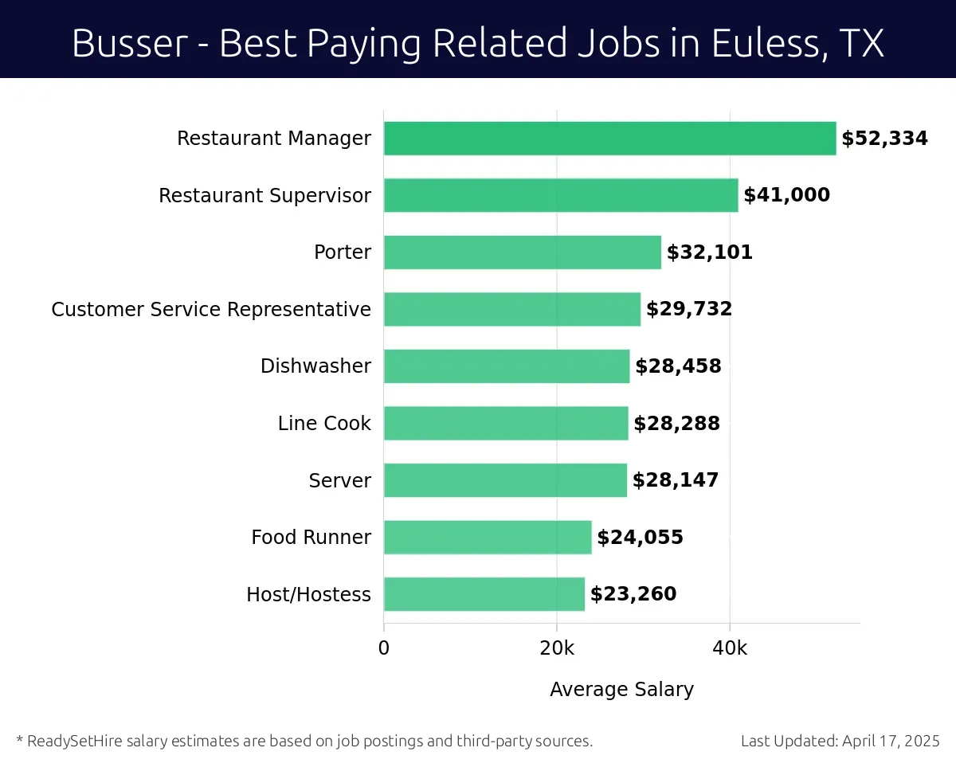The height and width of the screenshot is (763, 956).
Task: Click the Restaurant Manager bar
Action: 609,139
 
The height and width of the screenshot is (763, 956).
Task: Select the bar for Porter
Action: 522,252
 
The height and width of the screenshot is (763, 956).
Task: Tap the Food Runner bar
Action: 488,538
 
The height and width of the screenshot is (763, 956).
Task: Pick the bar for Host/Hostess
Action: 484,594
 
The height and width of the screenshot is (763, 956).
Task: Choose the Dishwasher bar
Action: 506,366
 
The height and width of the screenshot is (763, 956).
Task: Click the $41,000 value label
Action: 786,195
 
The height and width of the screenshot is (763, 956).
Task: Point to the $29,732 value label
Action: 689,309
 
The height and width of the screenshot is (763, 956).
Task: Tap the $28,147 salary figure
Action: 676,480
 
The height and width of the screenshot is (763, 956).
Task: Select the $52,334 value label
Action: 884,139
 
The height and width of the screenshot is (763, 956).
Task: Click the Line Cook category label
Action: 324,424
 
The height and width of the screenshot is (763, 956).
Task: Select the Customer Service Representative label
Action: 211,309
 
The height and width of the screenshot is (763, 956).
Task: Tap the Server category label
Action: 340,480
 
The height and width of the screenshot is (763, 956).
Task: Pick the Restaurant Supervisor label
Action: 264,195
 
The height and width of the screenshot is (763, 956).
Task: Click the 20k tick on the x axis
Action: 556,648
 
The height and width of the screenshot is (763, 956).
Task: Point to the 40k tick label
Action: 730,648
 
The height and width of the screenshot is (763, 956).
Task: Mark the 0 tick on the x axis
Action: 384,648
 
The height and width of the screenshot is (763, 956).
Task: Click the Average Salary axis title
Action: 621,689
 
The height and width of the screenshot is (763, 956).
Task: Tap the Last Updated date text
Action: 840,741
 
